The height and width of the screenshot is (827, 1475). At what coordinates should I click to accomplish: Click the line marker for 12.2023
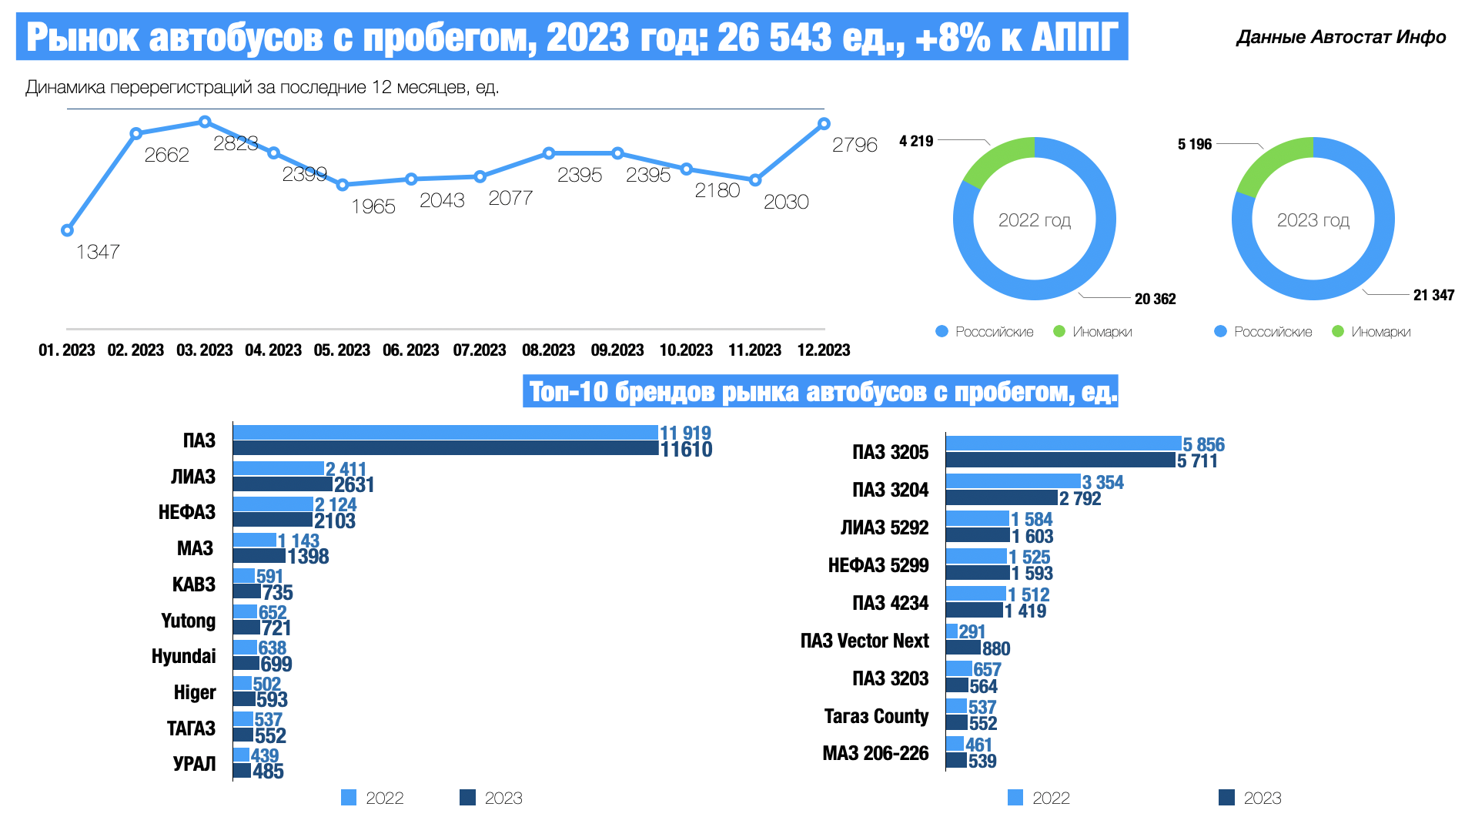point(824,124)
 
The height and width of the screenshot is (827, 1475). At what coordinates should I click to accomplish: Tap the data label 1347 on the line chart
point(98,252)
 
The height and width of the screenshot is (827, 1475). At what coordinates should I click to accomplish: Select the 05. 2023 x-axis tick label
point(342,350)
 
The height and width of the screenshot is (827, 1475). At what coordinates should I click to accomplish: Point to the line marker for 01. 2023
point(67,230)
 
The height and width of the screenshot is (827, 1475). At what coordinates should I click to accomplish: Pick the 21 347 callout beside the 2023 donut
point(1433,295)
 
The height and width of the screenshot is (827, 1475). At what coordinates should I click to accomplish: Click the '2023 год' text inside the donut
point(1313,220)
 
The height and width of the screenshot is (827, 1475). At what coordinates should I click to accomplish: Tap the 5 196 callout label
point(1194,144)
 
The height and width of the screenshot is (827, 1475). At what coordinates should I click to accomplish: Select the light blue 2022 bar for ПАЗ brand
point(445,433)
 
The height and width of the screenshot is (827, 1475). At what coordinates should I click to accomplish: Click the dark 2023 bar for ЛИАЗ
point(283,484)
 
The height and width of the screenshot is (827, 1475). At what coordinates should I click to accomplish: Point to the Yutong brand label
point(188,621)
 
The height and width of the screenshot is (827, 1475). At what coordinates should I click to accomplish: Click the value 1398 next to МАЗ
point(308,557)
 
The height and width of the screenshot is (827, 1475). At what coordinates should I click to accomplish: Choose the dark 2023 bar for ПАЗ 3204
point(1001,498)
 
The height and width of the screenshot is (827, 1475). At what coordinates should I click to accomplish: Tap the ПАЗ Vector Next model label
point(864,641)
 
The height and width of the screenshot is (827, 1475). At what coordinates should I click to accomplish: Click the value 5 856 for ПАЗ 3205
point(1203,444)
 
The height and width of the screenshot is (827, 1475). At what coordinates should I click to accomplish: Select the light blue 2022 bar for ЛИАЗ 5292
point(977,519)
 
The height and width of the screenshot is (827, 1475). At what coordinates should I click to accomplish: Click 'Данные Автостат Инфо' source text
point(1340,37)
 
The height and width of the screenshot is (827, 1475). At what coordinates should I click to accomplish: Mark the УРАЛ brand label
point(194,764)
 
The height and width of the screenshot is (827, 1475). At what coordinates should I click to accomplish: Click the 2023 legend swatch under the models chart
point(1226,798)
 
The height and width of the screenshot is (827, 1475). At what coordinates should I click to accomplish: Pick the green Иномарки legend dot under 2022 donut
point(1059,332)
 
